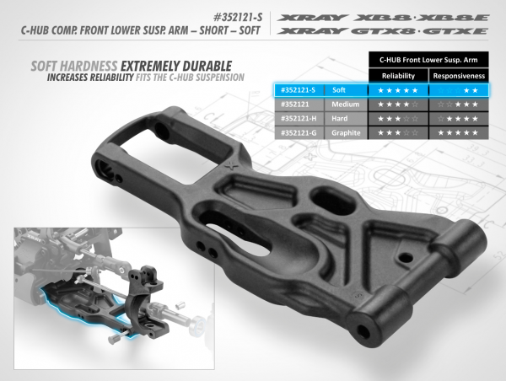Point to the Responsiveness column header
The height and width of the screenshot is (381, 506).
[x=458, y=74]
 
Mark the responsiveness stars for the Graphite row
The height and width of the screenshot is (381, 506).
[x=459, y=132]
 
